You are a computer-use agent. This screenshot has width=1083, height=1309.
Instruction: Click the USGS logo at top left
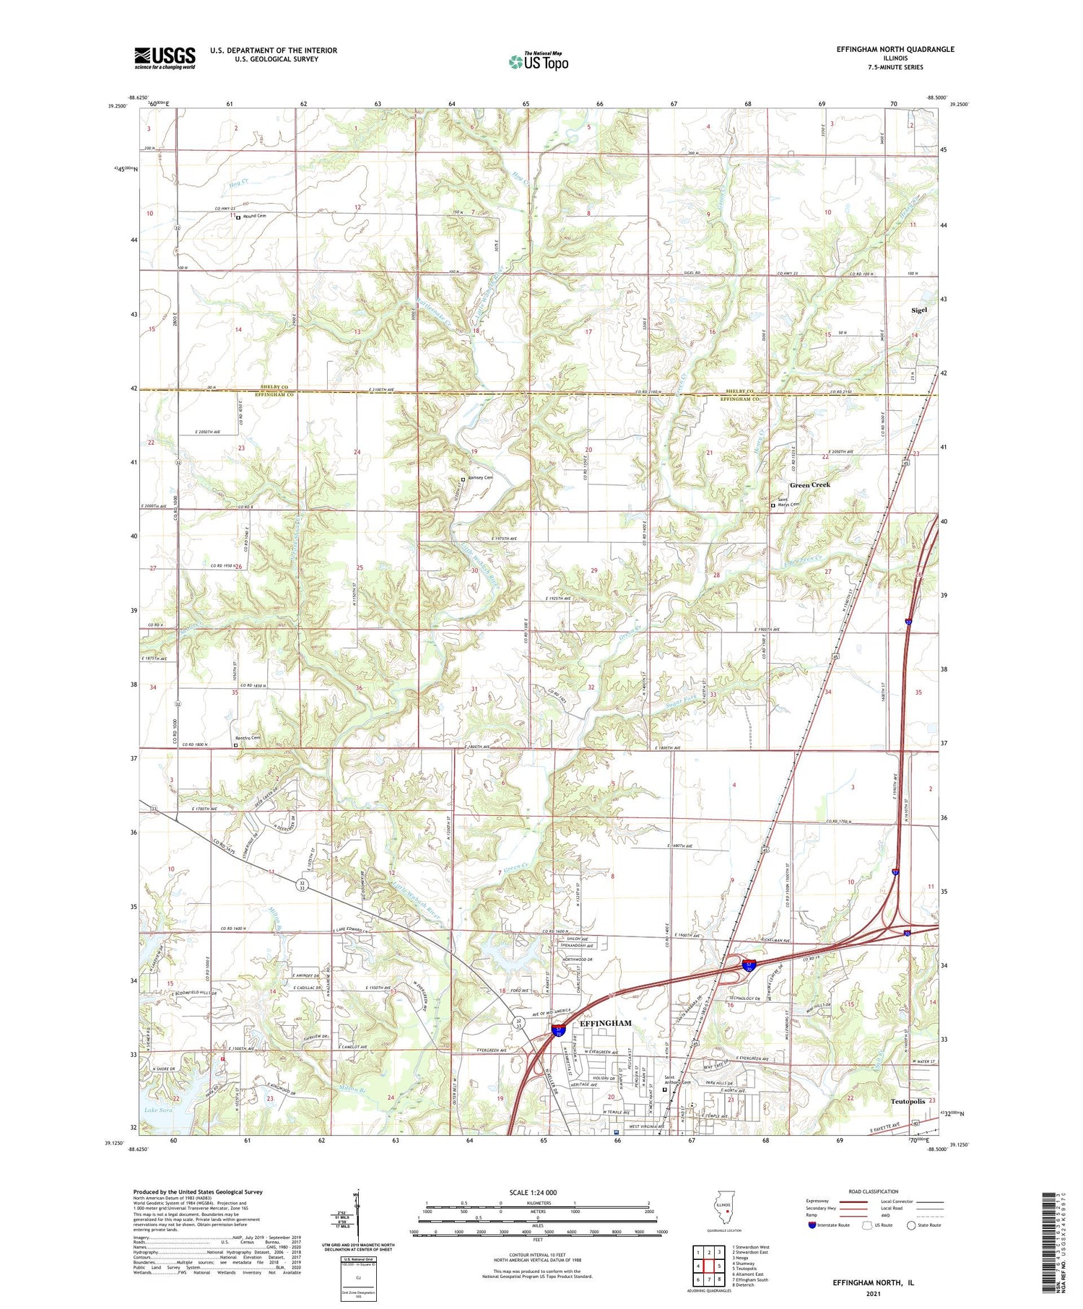(x=165, y=57)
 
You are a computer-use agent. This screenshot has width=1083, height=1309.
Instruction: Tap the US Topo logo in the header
(x=538, y=62)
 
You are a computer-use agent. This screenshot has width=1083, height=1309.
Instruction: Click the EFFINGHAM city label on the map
(x=606, y=1023)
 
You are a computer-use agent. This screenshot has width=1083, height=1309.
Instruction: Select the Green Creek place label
(x=809, y=484)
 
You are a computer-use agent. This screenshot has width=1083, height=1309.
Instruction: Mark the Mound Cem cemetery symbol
(x=238, y=217)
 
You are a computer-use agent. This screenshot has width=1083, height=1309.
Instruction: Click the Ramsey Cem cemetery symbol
(x=464, y=479)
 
